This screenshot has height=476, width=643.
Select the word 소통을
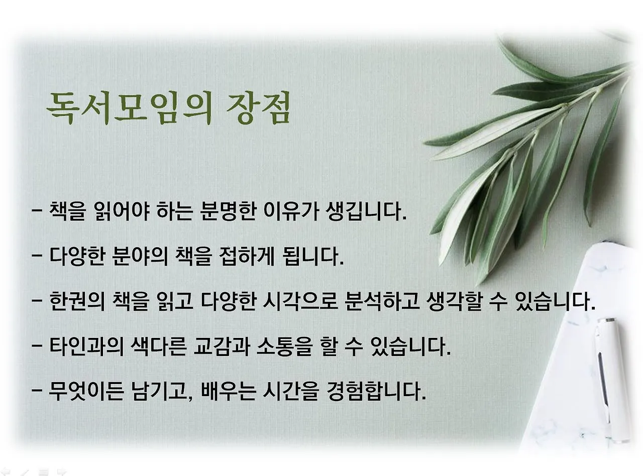tap(284, 346)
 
